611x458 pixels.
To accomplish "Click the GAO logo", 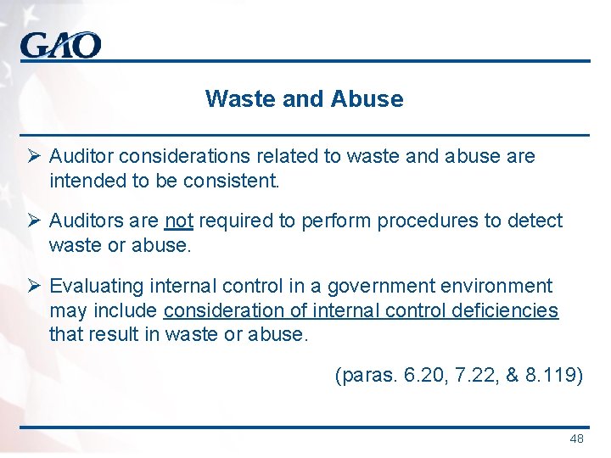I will click(60, 44).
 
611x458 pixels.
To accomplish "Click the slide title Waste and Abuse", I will click(304, 99).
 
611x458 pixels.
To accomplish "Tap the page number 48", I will click(576, 438).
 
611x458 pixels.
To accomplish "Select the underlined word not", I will click(179, 221).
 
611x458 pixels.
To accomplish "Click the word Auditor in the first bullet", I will click(81, 157).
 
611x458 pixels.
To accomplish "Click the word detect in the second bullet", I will click(535, 221).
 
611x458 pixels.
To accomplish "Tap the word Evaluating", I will click(97, 287).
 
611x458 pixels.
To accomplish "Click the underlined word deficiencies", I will click(506, 310).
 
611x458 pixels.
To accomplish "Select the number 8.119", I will click(552, 375).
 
